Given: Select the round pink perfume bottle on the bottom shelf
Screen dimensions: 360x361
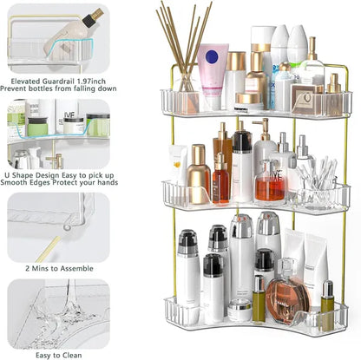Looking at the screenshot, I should (x=287, y=298).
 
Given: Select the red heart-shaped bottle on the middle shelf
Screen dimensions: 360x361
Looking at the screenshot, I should (x=270, y=185).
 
